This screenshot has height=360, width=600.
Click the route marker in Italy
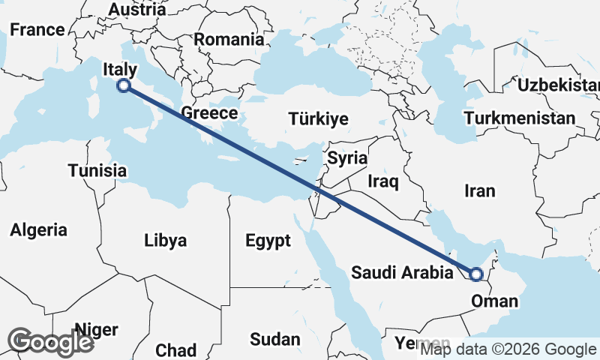tap(124, 86)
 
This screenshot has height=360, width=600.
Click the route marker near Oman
tap(475, 274)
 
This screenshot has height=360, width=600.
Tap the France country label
tap(37, 30)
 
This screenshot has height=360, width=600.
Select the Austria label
tap(136, 10)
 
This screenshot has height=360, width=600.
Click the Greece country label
tap(209, 113)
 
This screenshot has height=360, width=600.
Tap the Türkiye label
tap(319, 118)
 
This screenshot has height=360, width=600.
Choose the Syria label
tap(347, 158)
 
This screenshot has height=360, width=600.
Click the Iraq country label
tap(382, 181)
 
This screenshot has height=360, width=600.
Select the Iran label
tap(480, 190)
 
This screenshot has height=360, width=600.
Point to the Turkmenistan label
tap(520, 118)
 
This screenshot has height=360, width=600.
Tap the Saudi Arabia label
tap(403, 272)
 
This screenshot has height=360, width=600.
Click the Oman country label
tap(494, 301)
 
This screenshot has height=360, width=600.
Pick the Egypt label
tap(268, 241)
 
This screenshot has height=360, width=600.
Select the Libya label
tap(166, 241)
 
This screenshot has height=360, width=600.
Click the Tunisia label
tap(97, 170)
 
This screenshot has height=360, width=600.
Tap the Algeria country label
tap(38, 230)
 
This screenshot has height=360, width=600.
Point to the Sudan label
tap(274, 339)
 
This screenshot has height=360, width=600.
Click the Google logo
tap(50, 341)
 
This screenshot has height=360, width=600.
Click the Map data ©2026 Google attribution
tap(508, 349)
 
